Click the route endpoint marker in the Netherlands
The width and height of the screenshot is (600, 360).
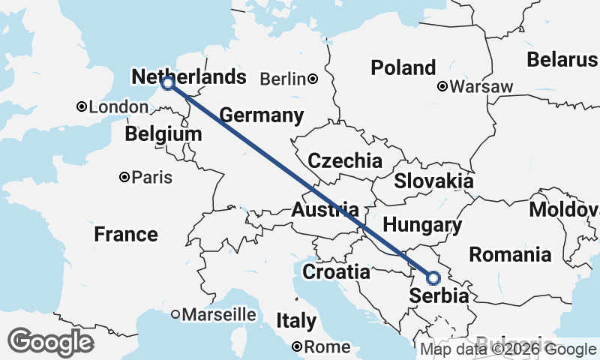pos(167,84)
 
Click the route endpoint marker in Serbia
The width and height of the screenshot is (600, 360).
pos(433,278)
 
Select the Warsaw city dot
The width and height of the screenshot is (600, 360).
pos(443,87)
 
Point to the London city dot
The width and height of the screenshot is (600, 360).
pos(82,107)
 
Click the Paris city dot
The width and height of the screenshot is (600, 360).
pos(124,178)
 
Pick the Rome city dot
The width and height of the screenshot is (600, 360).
pos(298,346)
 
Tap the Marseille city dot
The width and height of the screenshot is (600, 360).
pos(175,314)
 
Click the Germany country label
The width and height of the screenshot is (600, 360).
pos(261,115)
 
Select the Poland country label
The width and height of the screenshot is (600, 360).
pos(403,67)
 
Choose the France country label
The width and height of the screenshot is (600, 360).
pos(126,234)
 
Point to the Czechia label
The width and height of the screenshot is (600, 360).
pos(345,160)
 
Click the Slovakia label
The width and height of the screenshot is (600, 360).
pos(433,181)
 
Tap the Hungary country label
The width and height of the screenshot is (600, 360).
pos(421,224)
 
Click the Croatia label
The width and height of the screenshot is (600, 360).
pos(336,271)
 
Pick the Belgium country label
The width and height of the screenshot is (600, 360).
pos(163,134)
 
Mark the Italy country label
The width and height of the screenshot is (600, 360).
pos(296,321)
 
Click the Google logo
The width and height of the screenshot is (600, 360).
pos(50,342)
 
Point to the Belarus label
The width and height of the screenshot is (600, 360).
pos(562,59)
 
